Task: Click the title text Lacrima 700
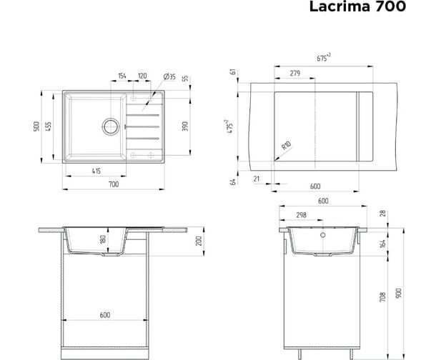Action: tap(357, 6)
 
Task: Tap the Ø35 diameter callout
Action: tap(169, 76)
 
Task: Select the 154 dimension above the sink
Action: tap(122, 76)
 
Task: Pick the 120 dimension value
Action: tap(142, 76)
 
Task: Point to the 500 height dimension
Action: tap(36, 127)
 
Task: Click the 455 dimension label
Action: tap(49, 127)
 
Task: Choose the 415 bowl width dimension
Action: tap(96, 171)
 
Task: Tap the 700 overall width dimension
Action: tap(114, 184)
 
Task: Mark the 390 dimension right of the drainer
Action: tap(185, 126)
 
